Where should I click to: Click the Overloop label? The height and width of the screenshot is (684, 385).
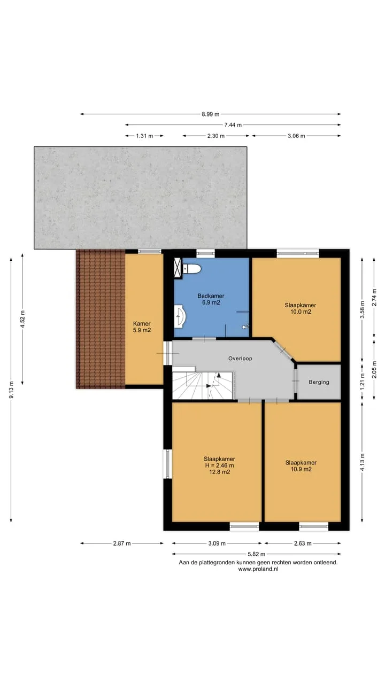tap(240, 359)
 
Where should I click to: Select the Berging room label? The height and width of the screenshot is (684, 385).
tap(319, 382)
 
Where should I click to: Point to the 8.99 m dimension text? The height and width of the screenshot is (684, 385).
tap(211, 114)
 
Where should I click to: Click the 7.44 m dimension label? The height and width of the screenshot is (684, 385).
tap(233, 125)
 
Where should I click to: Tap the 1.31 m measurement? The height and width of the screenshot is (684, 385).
tap(144, 136)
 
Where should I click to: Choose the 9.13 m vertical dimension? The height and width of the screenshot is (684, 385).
tap(11, 390)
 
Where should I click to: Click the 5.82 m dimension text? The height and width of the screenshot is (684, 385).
tap(256, 554)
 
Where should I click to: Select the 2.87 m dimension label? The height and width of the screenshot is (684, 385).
tap(122, 543)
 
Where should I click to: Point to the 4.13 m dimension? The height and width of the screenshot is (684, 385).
tap(363, 462)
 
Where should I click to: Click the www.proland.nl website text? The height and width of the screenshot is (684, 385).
tap(258, 569)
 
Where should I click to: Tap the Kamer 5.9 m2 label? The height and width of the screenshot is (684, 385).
tap(142, 327)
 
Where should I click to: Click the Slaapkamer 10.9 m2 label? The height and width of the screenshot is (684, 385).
tap(301, 466)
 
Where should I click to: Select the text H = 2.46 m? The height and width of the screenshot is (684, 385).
tap(219, 465)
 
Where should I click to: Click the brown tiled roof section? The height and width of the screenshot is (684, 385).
tap(101, 319)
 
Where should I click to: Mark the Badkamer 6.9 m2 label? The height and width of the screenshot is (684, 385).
tap(211, 299)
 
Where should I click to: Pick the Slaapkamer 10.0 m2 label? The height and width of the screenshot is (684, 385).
tap(301, 308)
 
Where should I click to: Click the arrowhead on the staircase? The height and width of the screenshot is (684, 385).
tap(219, 375)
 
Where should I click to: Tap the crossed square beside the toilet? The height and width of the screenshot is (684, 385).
tap(178, 268)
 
